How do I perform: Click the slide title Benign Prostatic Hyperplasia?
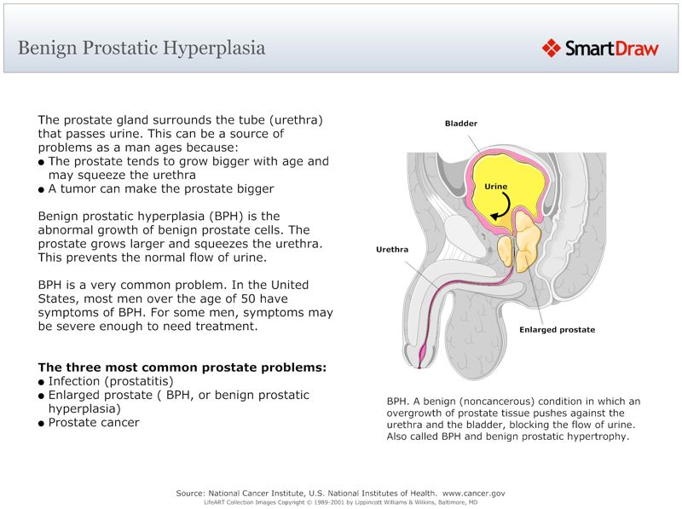[142, 48]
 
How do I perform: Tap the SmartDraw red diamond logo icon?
[552, 48]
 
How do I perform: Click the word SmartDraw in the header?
[611, 49]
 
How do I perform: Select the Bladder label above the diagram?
[461, 124]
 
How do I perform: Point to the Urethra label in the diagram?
[393, 250]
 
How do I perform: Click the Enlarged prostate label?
[557, 329]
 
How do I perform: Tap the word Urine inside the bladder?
[496, 186]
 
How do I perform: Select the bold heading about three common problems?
[182, 367]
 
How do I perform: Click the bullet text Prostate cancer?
[94, 422]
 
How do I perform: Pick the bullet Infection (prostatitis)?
[111, 381]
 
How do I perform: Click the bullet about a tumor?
[161, 188]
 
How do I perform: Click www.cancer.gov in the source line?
[474, 493]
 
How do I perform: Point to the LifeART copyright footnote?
[340, 502]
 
